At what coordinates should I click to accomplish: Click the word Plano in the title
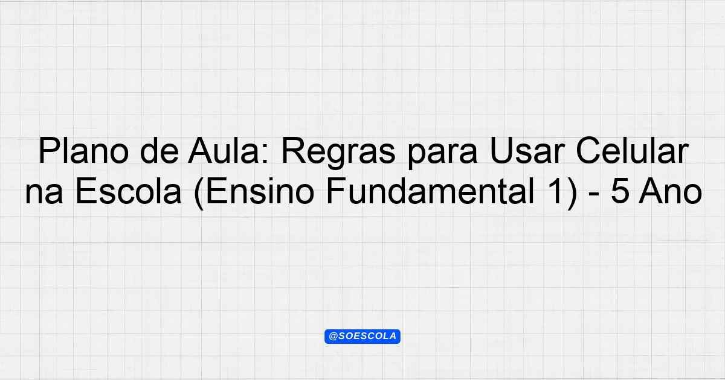84,151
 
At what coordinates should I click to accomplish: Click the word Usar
527,151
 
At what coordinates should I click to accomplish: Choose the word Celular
631,151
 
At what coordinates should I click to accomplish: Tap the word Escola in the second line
128,192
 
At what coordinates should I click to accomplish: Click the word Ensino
260,192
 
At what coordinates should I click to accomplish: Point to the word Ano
671,192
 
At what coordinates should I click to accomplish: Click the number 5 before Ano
620,192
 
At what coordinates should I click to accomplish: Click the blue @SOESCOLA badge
362,337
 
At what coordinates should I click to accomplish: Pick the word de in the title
159,151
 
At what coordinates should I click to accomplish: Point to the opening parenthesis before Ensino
199,193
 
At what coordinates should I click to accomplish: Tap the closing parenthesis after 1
572,193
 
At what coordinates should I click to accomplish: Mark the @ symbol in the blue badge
333,337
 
